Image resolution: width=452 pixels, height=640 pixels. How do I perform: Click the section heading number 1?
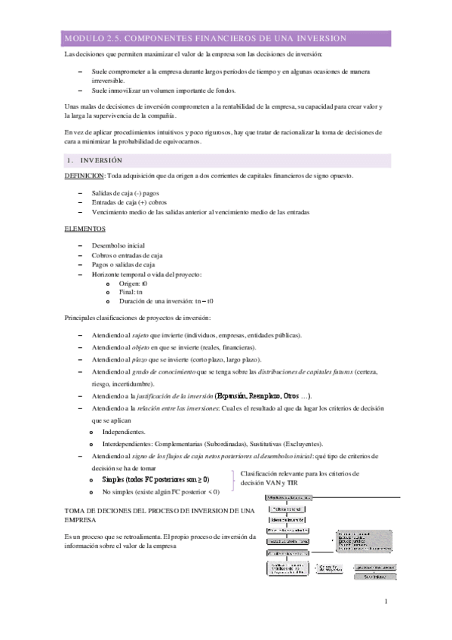tap(69, 160)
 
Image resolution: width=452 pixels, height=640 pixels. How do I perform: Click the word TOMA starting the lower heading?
tap(75, 512)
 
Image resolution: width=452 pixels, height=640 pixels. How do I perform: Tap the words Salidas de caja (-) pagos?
tap(125, 193)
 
